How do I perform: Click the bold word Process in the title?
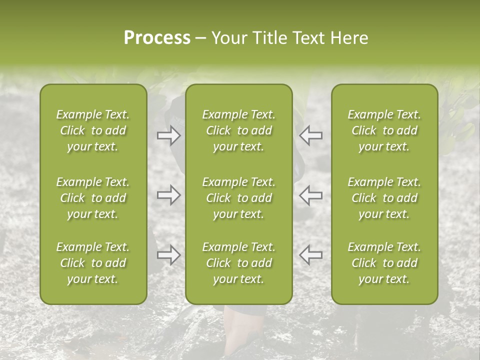pos(157,38)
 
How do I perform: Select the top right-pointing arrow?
pos(168,135)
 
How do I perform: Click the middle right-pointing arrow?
pos(168,195)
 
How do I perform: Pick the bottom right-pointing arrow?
pos(168,255)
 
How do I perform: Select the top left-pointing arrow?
pos(311,135)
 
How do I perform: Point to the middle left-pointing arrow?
pos(311,195)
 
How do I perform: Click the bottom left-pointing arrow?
pos(311,255)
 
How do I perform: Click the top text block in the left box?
pos(93,130)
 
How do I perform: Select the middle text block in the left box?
pos(93,198)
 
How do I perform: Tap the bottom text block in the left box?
pos(93,263)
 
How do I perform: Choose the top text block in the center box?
pos(238,130)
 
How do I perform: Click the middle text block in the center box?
pos(238,198)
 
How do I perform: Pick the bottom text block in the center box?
pos(238,263)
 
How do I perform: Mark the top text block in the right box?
pos(384,130)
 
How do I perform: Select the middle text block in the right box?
pos(384,198)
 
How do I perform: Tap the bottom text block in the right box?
pos(384,263)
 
